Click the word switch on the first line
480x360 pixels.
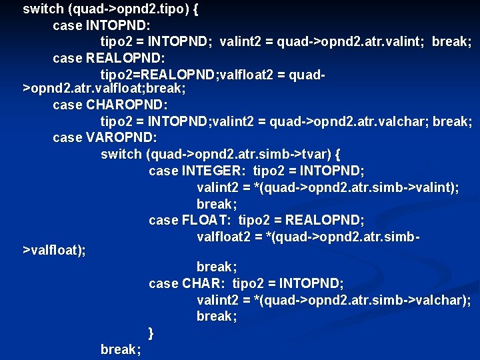[43, 9]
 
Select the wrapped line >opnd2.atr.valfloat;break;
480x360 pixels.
[104, 89]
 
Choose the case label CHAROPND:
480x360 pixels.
[127, 105]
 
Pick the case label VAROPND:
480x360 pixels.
[122, 137]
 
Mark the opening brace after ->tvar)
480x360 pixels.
[338, 154]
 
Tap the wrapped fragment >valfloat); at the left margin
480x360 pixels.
[54, 251]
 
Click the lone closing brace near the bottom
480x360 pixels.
[151, 332]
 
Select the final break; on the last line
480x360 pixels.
[120, 349]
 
